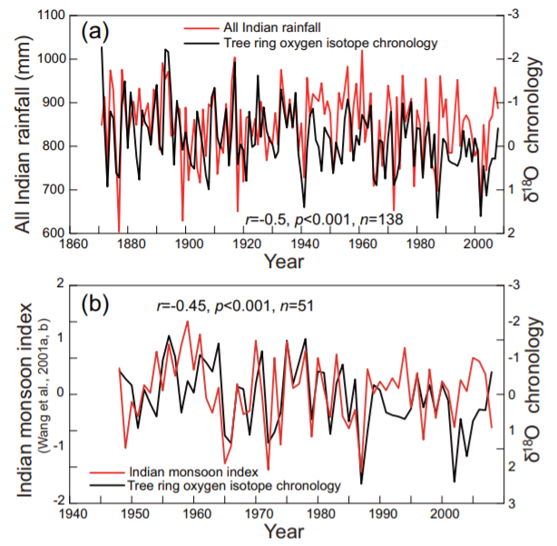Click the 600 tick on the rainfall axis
coord(42,233)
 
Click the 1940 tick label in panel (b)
coord(71,514)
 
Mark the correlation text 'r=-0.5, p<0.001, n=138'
coord(324,218)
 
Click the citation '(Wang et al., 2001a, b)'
coord(37,392)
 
